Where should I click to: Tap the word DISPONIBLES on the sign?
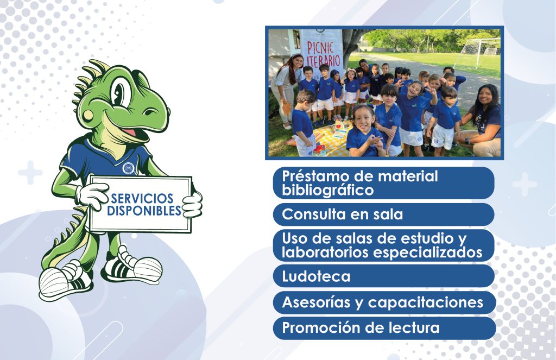pos(144,211)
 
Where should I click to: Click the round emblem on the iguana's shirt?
pos(128,168)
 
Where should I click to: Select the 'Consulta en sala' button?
pos(384,214)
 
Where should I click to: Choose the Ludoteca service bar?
pos(384,276)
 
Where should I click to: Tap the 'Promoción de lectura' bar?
pos(384,328)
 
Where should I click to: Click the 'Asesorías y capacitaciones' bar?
pos(384,302)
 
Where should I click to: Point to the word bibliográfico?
pos(327,191)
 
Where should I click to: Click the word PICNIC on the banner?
pos(320,48)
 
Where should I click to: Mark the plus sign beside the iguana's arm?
pos(30,173)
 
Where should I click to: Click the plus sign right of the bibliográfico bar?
pos(524,184)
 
